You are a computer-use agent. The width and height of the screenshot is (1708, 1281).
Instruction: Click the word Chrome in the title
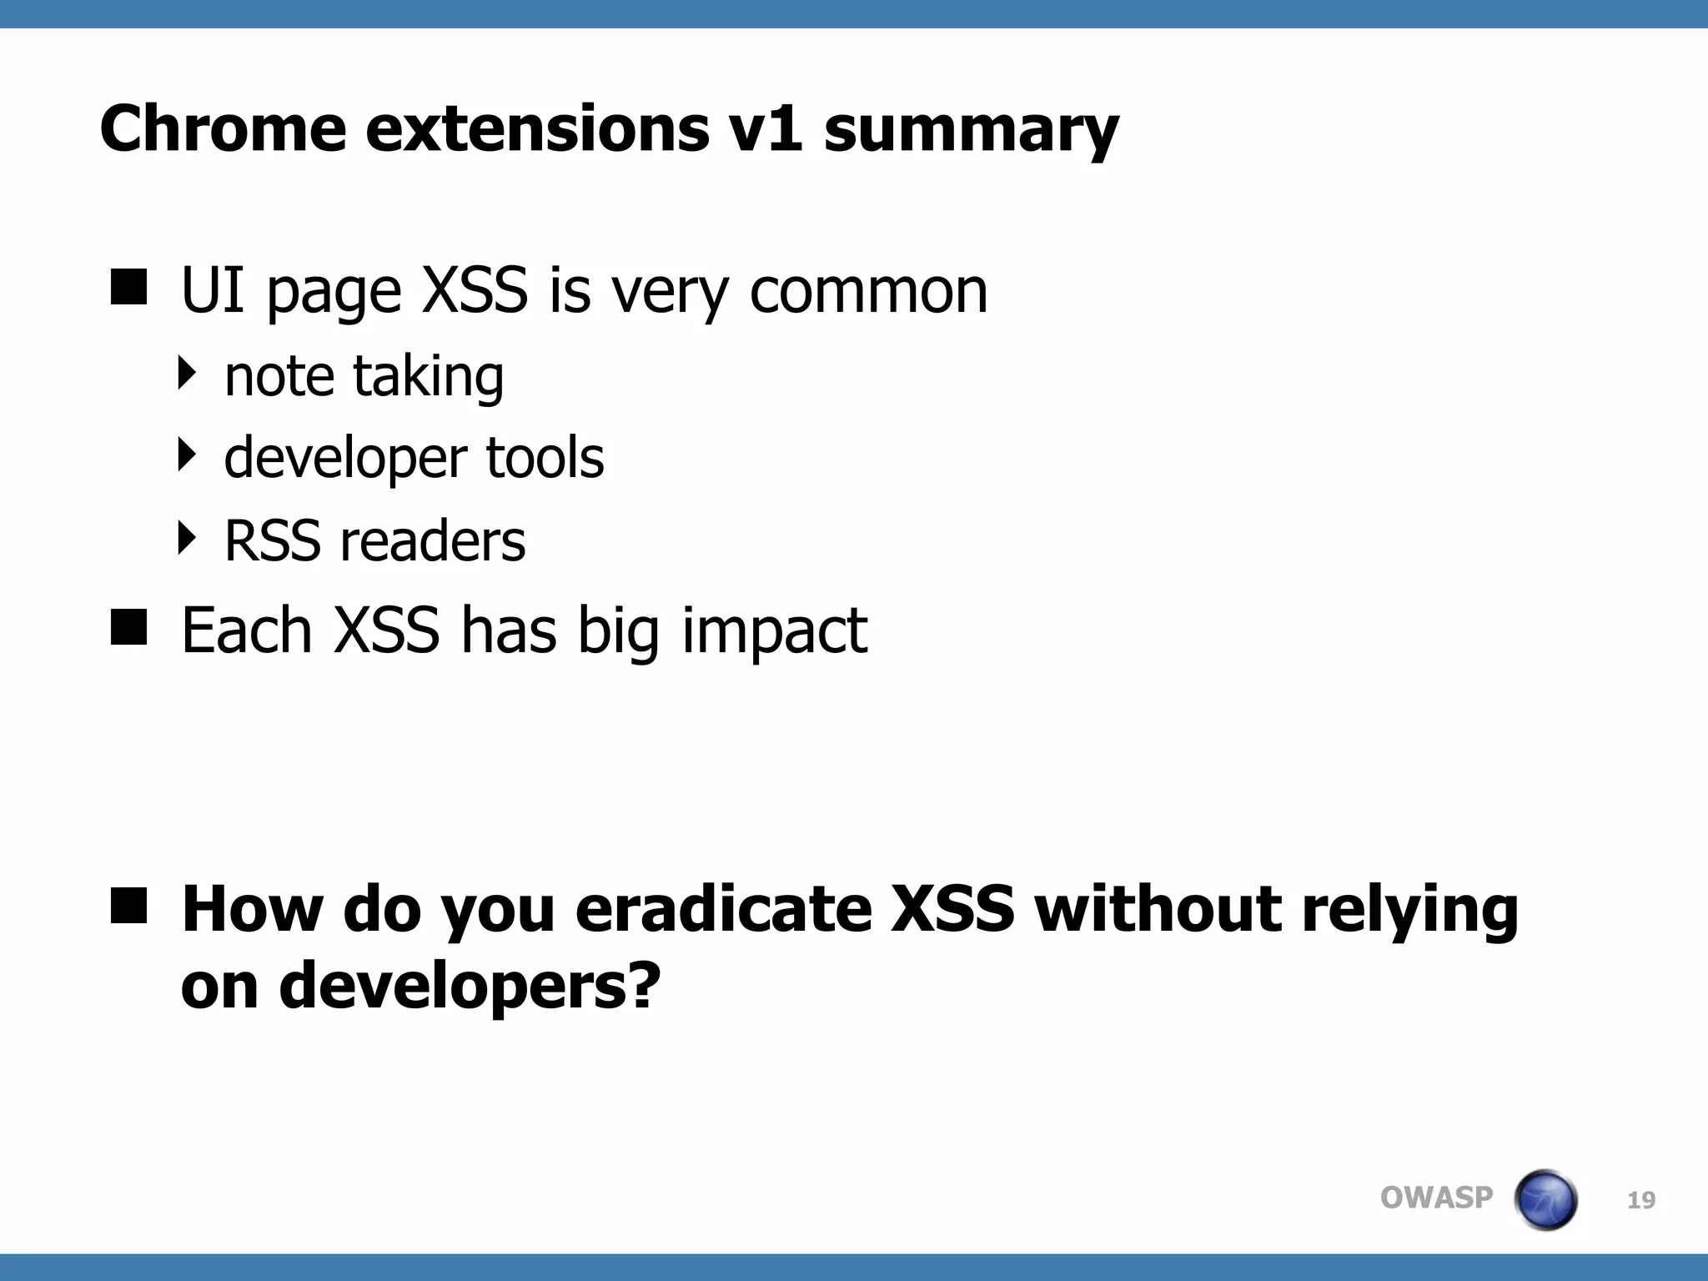(x=223, y=128)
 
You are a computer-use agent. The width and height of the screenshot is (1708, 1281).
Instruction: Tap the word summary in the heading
(x=971, y=132)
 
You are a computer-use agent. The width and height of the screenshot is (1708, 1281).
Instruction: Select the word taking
(x=428, y=377)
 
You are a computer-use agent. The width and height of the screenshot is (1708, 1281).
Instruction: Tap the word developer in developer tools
(x=345, y=459)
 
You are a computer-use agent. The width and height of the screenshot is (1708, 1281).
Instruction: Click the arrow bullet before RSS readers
(x=188, y=538)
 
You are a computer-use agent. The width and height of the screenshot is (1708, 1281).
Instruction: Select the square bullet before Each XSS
(x=128, y=627)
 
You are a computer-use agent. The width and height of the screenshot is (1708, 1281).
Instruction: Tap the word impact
(x=774, y=632)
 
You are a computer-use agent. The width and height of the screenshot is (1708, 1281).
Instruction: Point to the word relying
(x=1409, y=911)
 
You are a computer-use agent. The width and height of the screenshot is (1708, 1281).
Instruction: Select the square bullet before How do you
(x=128, y=906)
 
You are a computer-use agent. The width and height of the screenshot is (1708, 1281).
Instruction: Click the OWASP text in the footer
(x=1436, y=1198)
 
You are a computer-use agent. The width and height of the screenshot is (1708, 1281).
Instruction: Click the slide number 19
(x=1641, y=1200)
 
